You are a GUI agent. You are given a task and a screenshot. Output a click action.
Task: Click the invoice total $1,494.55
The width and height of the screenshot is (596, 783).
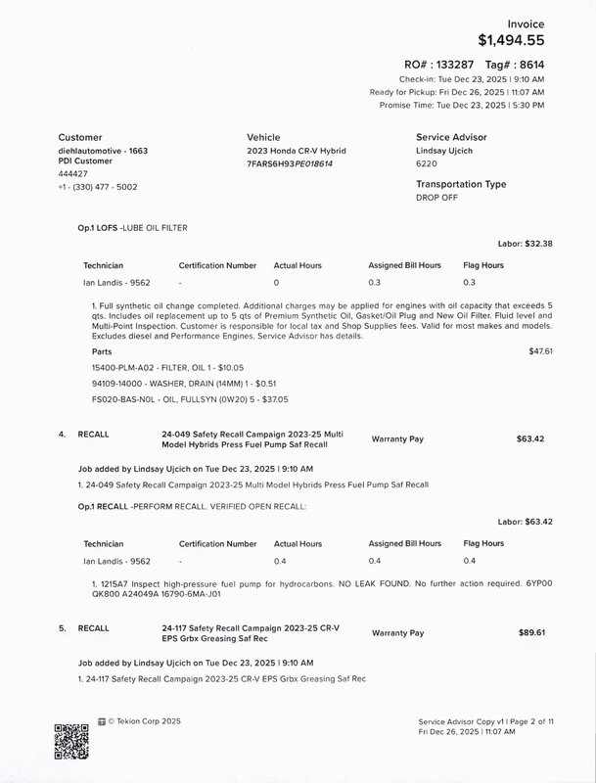click(x=510, y=40)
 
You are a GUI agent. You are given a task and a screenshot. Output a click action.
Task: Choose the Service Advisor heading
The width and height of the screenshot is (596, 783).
click(x=451, y=138)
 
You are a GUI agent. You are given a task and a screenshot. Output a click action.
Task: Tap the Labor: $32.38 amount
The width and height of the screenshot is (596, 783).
click(x=526, y=243)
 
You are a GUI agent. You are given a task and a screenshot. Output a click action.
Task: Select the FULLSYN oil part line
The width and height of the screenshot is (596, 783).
click(x=162, y=399)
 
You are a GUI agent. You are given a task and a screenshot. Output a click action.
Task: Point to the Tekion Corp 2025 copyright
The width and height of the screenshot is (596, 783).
click(x=143, y=721)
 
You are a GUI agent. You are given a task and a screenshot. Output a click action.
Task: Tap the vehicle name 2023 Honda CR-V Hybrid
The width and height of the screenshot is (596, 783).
click(x=297, y=152)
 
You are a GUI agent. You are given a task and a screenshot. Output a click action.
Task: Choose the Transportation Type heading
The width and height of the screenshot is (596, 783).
click(x=461, y=184)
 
